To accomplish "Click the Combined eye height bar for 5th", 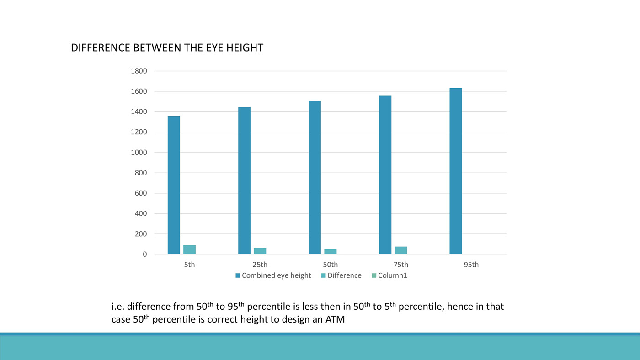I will [x=174, y=185].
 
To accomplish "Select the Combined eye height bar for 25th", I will [x=244, y=180].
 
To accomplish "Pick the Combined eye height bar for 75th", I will [x=385, y=175].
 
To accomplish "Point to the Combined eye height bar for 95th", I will [x=455, y=171].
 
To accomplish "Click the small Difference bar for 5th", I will [x=189, y=249].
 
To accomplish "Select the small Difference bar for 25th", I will [x=260, y=251].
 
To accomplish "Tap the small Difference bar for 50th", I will [x=330, y=252].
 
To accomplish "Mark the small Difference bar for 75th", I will [x=400, y=250].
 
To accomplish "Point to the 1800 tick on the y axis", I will [x=139, y=71].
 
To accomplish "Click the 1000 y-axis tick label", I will [x=139, y=153].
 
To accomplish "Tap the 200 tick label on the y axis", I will [x=140, y=234].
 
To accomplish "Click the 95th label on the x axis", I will [x=471, y=265].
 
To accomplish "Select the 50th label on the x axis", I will [x=330, y=265].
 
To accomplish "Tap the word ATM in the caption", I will [x=335, y=319].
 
